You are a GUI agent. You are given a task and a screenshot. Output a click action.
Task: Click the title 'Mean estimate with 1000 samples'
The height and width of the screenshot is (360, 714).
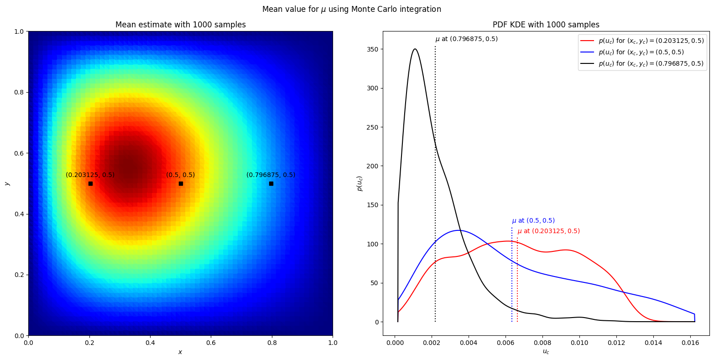click(x=180, y=25)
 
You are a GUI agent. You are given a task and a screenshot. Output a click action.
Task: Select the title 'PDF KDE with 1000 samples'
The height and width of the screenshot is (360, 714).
click(x=546, y=25)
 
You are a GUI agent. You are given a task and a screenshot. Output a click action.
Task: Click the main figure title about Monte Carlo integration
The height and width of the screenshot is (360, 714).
click(x=351, y=9)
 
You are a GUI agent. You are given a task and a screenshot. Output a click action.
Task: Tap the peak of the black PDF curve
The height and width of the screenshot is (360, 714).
click(x=415, y=49)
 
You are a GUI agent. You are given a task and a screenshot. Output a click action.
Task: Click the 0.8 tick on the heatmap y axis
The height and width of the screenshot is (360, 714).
click(x=20, y=92)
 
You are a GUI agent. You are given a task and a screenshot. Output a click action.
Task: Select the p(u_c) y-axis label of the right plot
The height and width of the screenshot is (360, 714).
click(x=360, y=183)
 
